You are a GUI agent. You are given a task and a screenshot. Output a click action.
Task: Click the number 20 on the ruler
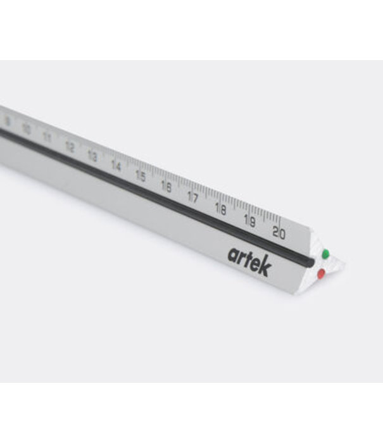tap(279, 232)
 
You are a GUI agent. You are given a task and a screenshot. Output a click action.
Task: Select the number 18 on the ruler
tap(220, 209)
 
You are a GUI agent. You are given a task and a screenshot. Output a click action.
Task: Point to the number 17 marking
tap(193, 197)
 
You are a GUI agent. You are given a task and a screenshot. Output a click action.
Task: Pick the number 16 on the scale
tap(166, 186)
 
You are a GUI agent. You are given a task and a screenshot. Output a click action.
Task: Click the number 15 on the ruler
tap(141, 175)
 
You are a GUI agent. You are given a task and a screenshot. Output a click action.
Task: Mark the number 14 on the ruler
tap(116, 165)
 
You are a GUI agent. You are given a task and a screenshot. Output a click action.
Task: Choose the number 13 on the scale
tap(92, 156)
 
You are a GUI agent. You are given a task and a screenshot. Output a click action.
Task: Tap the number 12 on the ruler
tap(70, 147)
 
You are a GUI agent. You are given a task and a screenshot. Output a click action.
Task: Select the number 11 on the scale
tap(47, 137)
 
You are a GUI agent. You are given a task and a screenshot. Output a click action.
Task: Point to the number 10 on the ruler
tap(26, 128)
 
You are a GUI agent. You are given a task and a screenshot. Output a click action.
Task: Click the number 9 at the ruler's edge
tap(7, 120)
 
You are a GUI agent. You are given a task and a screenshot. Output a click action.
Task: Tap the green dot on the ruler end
tap(325, 254)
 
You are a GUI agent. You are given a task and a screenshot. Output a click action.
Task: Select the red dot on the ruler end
tap(321, 273)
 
